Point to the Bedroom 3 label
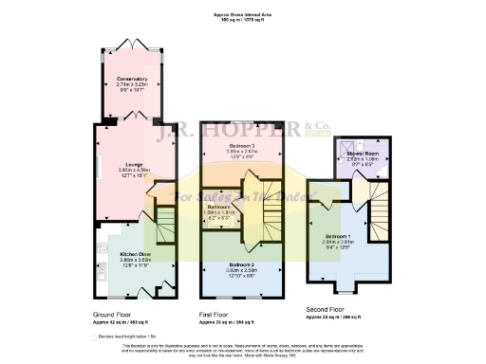[x=241, y=144]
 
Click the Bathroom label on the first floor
[x=220, y=206]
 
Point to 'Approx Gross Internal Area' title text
[x=242, y=15]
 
